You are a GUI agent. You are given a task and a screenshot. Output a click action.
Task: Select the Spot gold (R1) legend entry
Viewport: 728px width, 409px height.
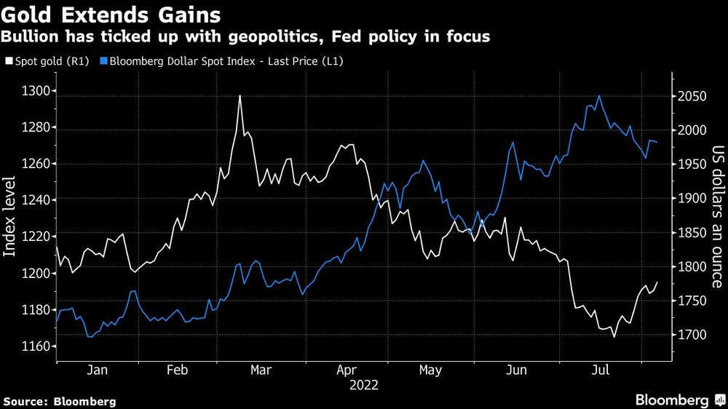[48, 62]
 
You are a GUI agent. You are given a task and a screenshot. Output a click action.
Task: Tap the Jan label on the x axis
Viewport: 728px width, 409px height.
[98, 370]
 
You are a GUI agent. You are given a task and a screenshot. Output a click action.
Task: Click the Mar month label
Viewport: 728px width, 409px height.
[261, 370]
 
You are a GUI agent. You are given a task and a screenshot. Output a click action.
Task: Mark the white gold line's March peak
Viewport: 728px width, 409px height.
[240, 96]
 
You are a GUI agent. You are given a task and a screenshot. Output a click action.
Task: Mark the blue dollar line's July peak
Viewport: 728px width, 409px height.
[599, 95]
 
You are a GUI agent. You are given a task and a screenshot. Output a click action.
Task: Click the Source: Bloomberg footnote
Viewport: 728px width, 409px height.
[60, 401]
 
